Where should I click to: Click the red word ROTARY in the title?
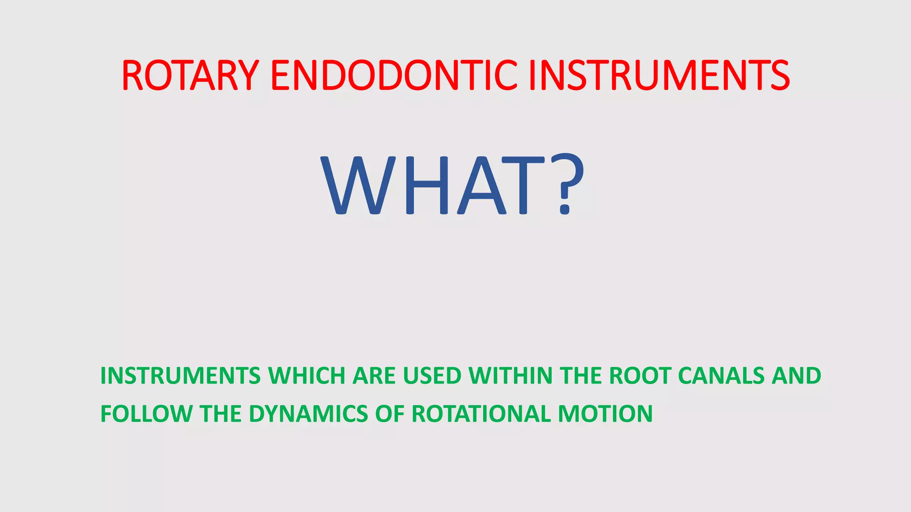point(190,76)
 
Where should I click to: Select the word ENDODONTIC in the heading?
point(394,76)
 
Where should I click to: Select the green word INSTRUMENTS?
point(180,376)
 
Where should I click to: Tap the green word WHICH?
point(306,376)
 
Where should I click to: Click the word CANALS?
point(721,376)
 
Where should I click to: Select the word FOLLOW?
point(146,414)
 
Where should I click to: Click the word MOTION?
point(605,414)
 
